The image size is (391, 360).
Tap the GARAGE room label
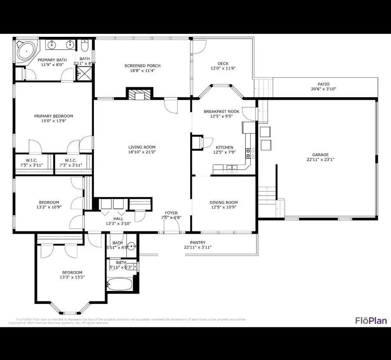320,155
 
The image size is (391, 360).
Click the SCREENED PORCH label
139,66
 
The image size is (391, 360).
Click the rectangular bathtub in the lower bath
120,285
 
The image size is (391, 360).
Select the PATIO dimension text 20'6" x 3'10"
324,89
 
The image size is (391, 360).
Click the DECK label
223,63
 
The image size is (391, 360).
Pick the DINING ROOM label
223,202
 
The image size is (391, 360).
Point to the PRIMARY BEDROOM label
53,116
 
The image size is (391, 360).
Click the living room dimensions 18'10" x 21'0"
142,152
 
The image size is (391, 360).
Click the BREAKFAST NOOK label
222,112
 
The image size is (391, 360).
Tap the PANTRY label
198,242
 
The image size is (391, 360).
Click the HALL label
119,219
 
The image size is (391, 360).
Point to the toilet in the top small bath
85,46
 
